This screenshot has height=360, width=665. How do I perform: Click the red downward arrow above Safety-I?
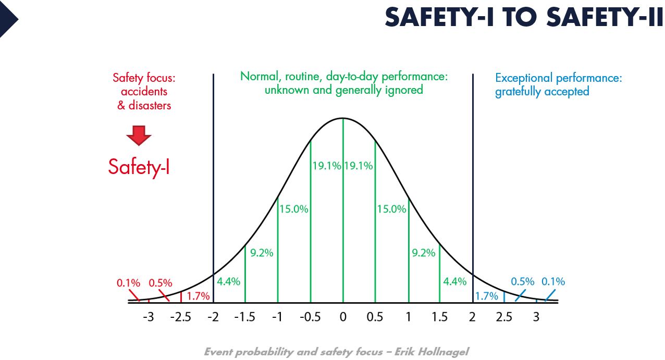(139, 135)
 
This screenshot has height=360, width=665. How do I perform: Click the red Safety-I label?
(139, 167)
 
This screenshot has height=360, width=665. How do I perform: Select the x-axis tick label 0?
(343, 317)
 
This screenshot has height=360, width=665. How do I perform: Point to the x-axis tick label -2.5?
(181, 317)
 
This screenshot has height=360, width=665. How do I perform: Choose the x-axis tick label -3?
(149, 317)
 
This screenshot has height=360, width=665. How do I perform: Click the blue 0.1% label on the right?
(553, 282)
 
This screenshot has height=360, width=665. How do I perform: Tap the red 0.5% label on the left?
(161, 283)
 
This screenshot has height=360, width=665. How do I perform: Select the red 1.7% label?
(198, 296)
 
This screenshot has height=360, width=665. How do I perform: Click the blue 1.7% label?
(487, 296)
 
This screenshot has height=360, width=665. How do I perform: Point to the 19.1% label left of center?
(327, 166)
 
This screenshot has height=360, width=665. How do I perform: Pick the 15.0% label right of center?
(391, 209)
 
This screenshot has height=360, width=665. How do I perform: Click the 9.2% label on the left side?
(262, 253)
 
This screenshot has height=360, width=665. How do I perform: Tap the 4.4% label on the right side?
(454, 282)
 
